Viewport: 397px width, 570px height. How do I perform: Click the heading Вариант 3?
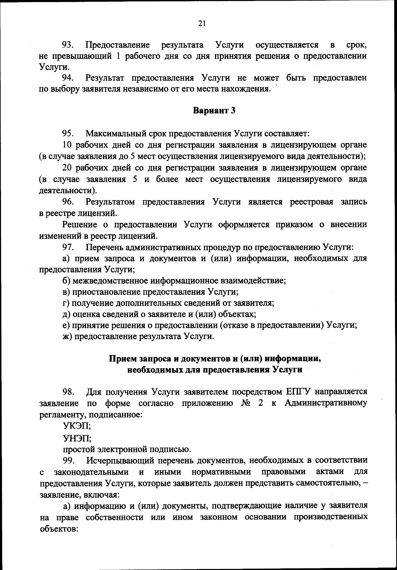[214, 110]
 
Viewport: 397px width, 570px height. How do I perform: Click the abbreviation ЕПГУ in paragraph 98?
[297, 392]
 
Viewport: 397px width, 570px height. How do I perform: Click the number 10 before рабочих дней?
[67, 145]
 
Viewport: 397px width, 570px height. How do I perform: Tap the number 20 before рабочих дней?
[67, 168]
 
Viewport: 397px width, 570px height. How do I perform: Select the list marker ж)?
[68, 337]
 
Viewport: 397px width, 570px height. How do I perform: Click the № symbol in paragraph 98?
[247, 403]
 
